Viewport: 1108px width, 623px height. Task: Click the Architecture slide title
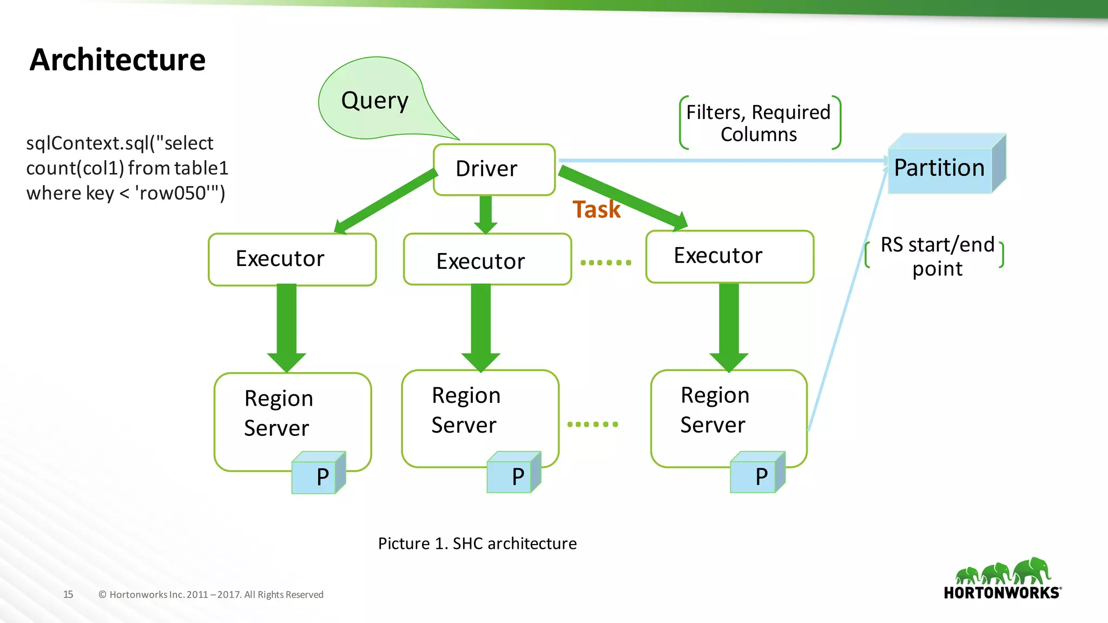(x=117, y=59)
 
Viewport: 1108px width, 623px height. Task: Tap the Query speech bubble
(x=374, y=101)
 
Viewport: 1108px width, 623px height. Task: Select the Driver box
(x=494, y=169)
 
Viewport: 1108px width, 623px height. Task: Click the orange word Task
(x=596, y=209)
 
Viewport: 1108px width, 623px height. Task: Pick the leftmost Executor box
(x=292, y=259)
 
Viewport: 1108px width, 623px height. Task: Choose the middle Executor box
(x=487, y=260)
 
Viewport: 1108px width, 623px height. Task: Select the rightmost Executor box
(x=729, y=256)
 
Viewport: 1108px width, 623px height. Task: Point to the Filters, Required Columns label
(x=759, y=123)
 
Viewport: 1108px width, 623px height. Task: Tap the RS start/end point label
(x=936, y=256)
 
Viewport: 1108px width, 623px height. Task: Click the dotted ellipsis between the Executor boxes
(x=606, y=263)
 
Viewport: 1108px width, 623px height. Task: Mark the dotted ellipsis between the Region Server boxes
(x=592, y=425)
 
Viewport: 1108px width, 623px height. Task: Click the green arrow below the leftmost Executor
(x=287, y=324)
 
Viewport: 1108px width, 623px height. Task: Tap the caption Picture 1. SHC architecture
(x=477, y=544)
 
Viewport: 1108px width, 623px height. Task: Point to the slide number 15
(x=68, y=594)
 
